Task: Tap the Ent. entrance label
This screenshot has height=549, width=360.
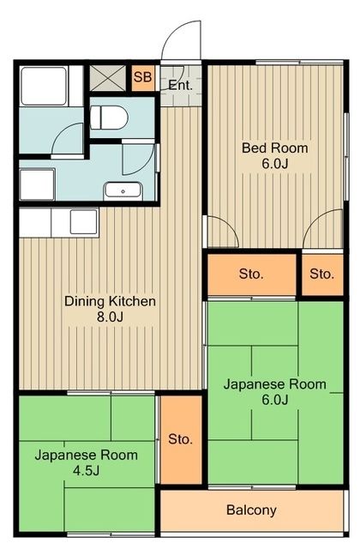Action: tap(179, 85)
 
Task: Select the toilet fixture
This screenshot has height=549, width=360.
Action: tap(109, 116)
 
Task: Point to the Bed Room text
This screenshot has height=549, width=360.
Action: tap(274, 148)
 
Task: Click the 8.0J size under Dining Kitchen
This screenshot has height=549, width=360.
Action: tap(110, 317)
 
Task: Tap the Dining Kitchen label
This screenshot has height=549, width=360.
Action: tap(110, 302)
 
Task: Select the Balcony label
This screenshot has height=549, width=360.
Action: tap(251, 510)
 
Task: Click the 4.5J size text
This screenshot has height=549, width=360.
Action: tap(85, 471)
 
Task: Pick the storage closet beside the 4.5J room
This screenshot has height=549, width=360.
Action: tap(180, 439)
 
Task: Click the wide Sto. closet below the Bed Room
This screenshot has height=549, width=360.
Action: tap(250, 274)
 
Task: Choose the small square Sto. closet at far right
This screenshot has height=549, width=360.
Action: tap(321, 274)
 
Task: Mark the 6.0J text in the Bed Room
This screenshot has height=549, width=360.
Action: tap(274, 164)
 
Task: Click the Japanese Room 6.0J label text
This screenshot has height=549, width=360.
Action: tap(274, 384)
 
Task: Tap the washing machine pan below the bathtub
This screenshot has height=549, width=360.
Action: tap(37, 183)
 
